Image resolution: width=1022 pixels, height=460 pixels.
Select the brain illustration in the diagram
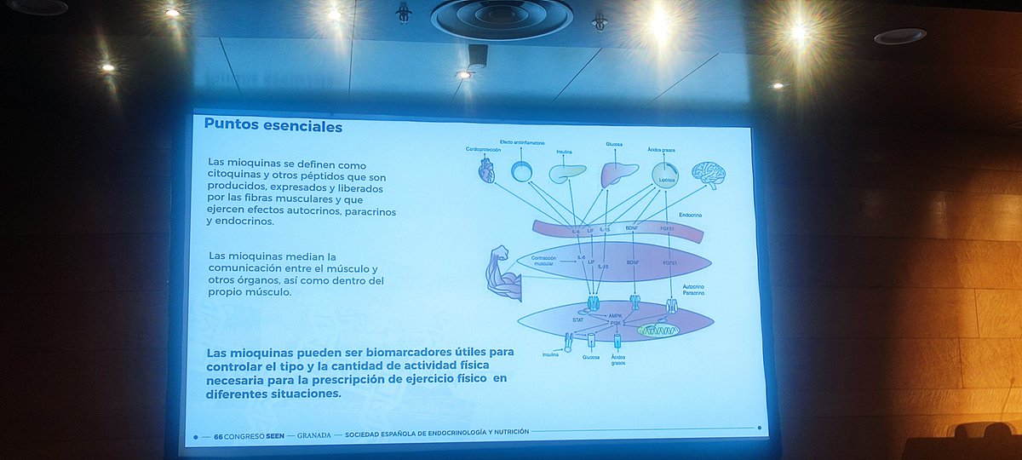pos(708,174)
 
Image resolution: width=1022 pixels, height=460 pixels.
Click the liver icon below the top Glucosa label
pos(619,174)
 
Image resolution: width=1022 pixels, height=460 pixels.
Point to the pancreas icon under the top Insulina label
pos(567,173)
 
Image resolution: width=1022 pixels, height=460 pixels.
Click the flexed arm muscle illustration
pos(498,273)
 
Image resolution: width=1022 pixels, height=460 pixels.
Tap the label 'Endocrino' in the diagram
pos(690,216)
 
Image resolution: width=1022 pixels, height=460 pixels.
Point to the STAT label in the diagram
pos(577,319)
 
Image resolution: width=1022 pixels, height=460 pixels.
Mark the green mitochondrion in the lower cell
pos(658,330)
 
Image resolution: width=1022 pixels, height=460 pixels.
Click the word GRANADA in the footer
pos(314,433)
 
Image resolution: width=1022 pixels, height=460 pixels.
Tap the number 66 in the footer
pos(219,433)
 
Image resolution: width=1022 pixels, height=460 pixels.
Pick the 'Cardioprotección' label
pos(483,149)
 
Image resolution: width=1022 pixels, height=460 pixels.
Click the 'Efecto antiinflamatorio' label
pos(522,141)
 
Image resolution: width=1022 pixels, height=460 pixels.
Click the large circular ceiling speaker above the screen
pos(502,17)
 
